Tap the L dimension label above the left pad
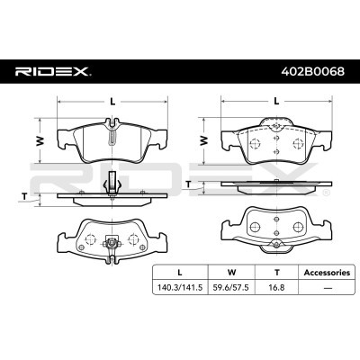(112, 102)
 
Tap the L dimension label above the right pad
(274, 102)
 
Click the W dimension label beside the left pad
(39, 139)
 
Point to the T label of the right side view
(188, 184)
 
